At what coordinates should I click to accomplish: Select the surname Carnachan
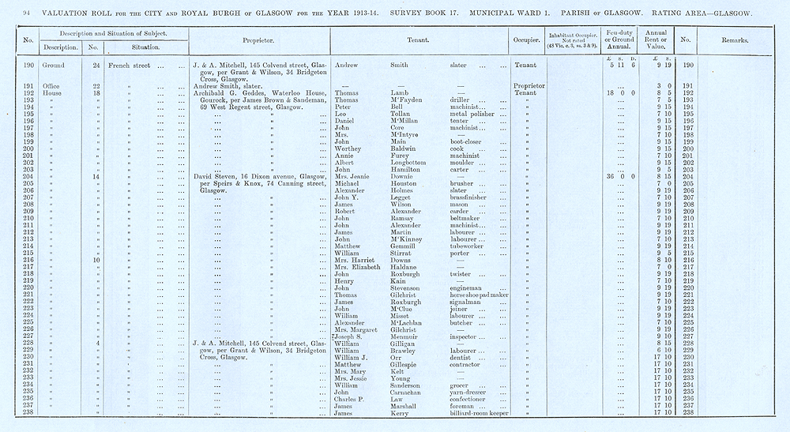click(x=409, y=391)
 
